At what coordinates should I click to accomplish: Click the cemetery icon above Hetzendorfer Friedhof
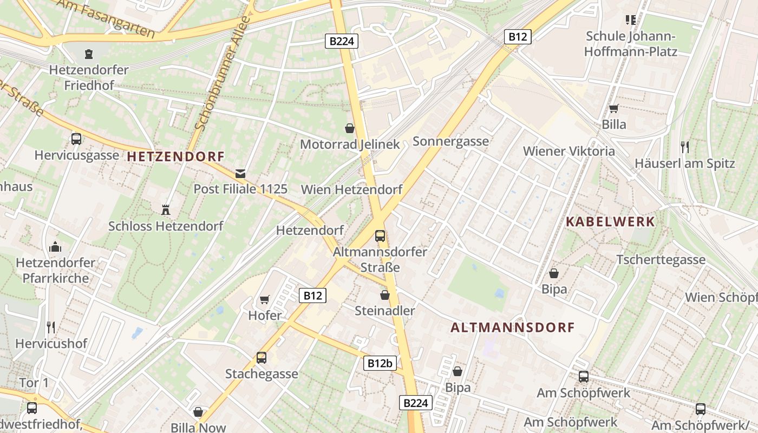[x=88, y=54]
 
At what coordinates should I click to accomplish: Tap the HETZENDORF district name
[x=175, y=156]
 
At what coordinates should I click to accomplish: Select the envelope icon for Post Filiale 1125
[x=240, y=174]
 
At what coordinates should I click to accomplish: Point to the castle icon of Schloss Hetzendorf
[x=166, y=209]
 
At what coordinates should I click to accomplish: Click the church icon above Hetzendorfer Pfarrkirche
[x=55, y=247]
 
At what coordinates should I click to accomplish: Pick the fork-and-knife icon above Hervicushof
[x=51, y=327]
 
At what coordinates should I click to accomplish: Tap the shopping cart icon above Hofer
[x=265, y=299]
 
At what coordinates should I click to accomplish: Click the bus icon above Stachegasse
[x=262, y=357]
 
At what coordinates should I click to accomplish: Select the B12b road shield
[x=380, y=363]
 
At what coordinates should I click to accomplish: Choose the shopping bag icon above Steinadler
[x=384, y=295]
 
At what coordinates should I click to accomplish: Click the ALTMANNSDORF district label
[x=512, y=327]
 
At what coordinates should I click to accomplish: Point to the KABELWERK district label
[x=610, y=221]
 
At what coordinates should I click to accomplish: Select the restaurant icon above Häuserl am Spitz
[x=685, y=147]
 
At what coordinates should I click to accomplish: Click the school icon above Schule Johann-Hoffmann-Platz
[x=631, y=20]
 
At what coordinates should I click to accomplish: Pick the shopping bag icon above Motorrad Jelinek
[x=350, y=128]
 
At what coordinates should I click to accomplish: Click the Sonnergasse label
[x=450, y=141]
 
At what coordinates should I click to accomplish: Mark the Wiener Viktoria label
[x=568, y=151]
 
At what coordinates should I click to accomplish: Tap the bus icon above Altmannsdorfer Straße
[x=380, y=235]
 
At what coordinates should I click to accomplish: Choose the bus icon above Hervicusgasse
[x=76, y=139]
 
